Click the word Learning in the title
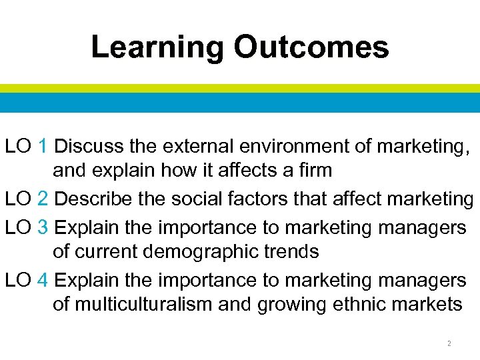pos(158,48)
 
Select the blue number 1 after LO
pos(43,146)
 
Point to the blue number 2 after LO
pos(43,198)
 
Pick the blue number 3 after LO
pos(43,227)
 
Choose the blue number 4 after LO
pos(43,279)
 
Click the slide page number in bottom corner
pos(449,344)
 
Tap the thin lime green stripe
pos(240,88)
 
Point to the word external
pos(198,146)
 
